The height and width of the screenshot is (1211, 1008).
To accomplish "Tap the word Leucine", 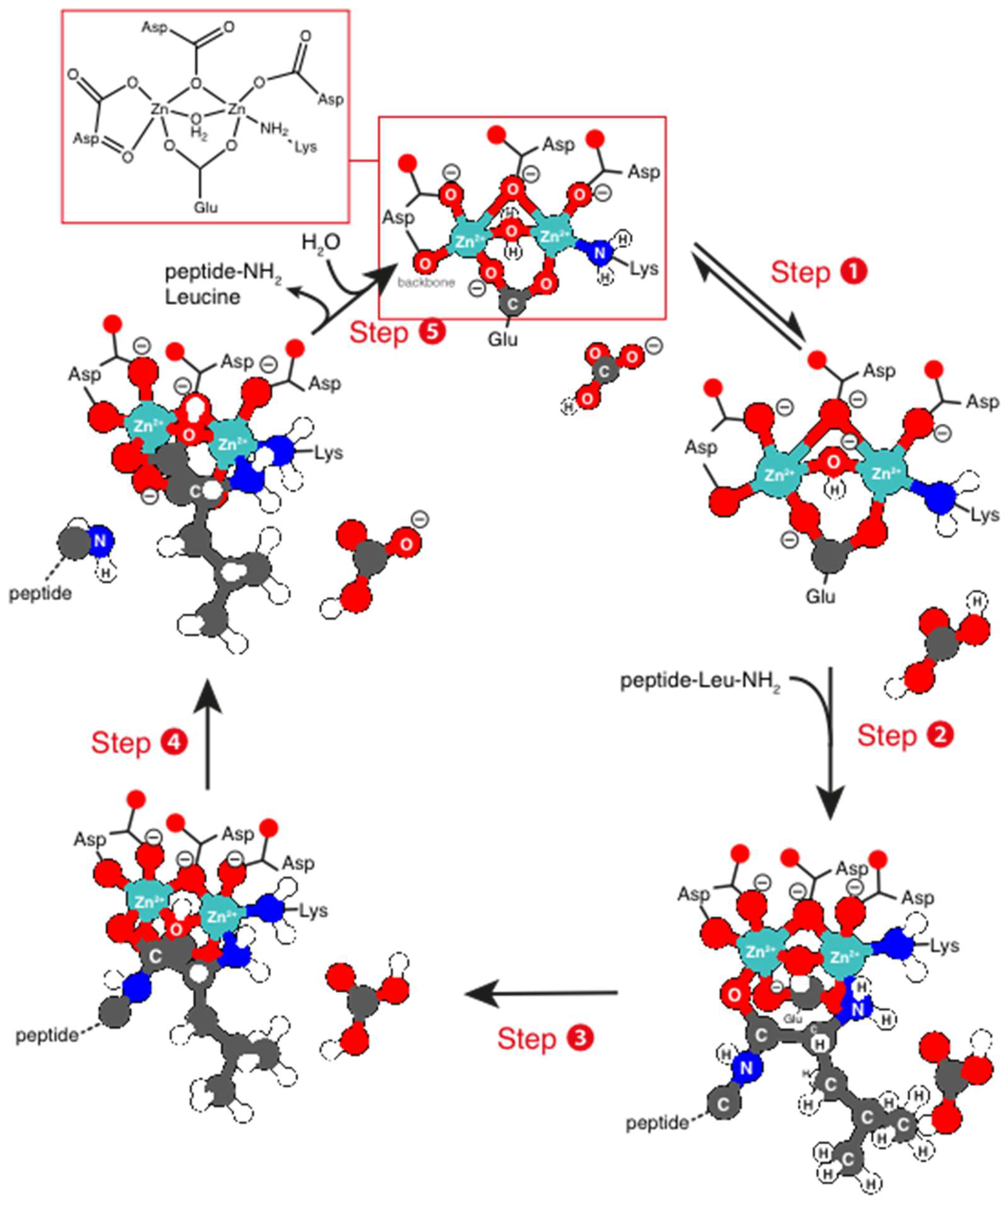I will click(x=203, y=297).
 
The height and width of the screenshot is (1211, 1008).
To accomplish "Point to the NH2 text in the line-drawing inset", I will click(x=273, y=128).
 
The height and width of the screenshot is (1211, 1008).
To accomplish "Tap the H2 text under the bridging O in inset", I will click(x=199, y=134).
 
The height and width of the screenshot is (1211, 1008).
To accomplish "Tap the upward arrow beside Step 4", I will click(x=208, y=732).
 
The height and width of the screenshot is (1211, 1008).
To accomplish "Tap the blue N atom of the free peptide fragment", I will click(x=100, y=541).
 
